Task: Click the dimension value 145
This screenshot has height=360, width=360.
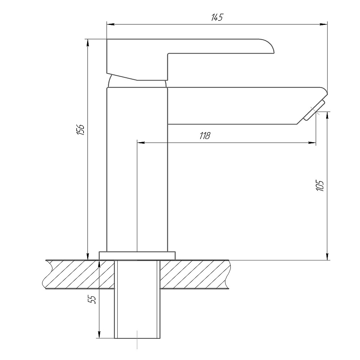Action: pos(217,17)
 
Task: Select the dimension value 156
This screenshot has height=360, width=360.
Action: pos(81,130)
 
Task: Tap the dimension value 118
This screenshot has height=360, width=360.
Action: pos(205,136)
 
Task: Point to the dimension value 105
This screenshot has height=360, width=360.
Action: pos(320,185)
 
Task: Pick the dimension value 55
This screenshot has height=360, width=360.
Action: pos(92,300)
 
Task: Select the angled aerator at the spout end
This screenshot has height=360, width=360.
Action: pos(314,110)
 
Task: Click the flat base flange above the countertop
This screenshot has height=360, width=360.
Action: pos(137,256)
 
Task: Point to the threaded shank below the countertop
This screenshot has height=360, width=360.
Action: pos(137,299)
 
